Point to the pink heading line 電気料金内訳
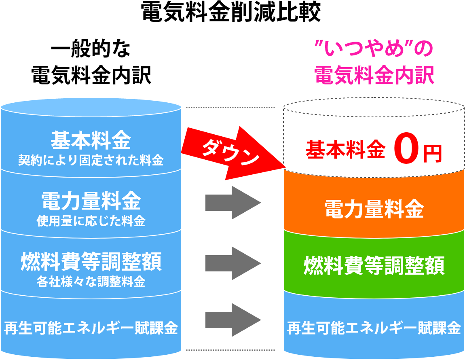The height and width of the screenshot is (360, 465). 374,75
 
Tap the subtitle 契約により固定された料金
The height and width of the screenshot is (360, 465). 91,161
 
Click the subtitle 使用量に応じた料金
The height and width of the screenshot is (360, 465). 91,221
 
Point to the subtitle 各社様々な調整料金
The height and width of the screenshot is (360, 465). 91,281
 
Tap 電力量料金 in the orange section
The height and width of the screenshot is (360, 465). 374,210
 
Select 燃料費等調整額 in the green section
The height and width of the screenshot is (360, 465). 374,265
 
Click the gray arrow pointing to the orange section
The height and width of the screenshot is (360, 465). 232,203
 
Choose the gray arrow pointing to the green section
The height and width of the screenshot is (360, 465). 232,263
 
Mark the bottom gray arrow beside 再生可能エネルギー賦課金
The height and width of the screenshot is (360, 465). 232,320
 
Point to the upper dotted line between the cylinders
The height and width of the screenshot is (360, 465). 230,108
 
